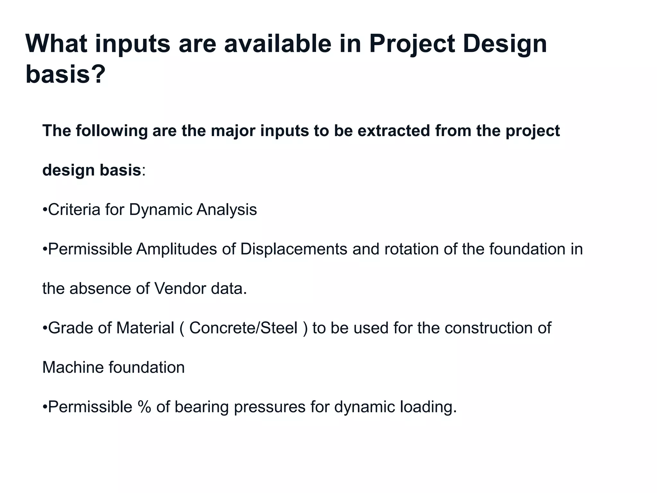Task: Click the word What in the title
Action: [x=56, y=44]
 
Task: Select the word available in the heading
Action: [x=277, y=44]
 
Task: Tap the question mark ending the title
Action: [x=98, y=74]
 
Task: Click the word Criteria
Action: [x=74, y=210]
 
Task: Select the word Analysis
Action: [x=226, y=210]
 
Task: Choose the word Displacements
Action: [x=294, y=249]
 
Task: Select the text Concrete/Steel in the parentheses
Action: [x=243, y=328]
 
